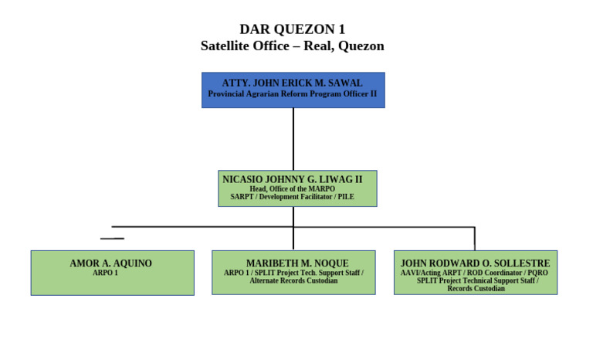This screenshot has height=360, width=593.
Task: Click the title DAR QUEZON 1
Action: point(292,29)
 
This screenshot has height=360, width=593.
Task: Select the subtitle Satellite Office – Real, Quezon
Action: point(292,46)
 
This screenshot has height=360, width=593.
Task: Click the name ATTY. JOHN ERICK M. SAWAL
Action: point(293,83)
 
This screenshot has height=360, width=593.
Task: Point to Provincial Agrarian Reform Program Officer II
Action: point(293,93)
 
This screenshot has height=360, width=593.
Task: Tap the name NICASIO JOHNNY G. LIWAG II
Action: point(292,179)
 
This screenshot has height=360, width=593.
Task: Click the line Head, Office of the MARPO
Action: point(292,188)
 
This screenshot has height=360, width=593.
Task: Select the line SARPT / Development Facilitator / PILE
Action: point(292,197)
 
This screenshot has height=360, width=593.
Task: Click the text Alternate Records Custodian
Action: point(293,280)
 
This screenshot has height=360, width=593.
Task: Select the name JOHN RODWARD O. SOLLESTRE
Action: point(475,263)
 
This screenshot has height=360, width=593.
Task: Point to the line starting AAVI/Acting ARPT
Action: point(474,273)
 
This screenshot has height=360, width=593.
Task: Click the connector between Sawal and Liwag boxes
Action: point(293,139)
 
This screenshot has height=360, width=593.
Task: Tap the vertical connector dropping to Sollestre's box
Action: point(475,238)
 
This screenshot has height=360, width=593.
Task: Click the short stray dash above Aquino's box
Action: point(112,238)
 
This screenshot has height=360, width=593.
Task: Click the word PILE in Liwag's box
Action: point(346,197)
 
